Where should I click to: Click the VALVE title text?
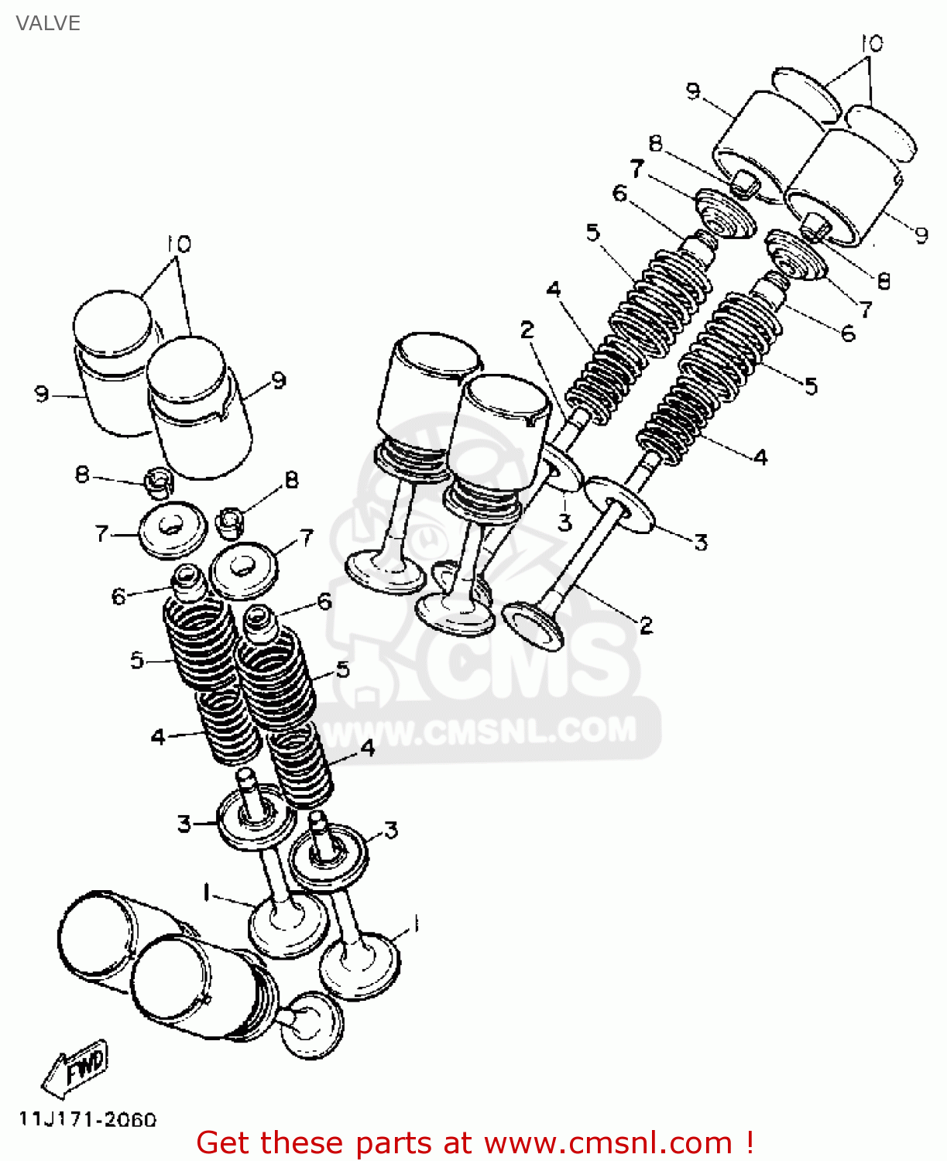click(48, 23)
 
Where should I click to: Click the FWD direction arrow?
click(76, 1068)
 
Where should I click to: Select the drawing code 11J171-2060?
click(87, 1119)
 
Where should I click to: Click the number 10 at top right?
click(871, 43)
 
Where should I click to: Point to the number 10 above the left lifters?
click(179, 245)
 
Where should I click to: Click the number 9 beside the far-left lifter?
click(42, 394)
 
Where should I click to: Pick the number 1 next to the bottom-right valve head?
click(415, 924)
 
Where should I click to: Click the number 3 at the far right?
click(700, 543)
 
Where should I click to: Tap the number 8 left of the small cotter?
click(83, 474)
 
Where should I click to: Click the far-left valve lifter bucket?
click(114, 364)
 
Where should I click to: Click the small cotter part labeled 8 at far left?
click(157, 483)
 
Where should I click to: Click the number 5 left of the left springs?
click(137, 660)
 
